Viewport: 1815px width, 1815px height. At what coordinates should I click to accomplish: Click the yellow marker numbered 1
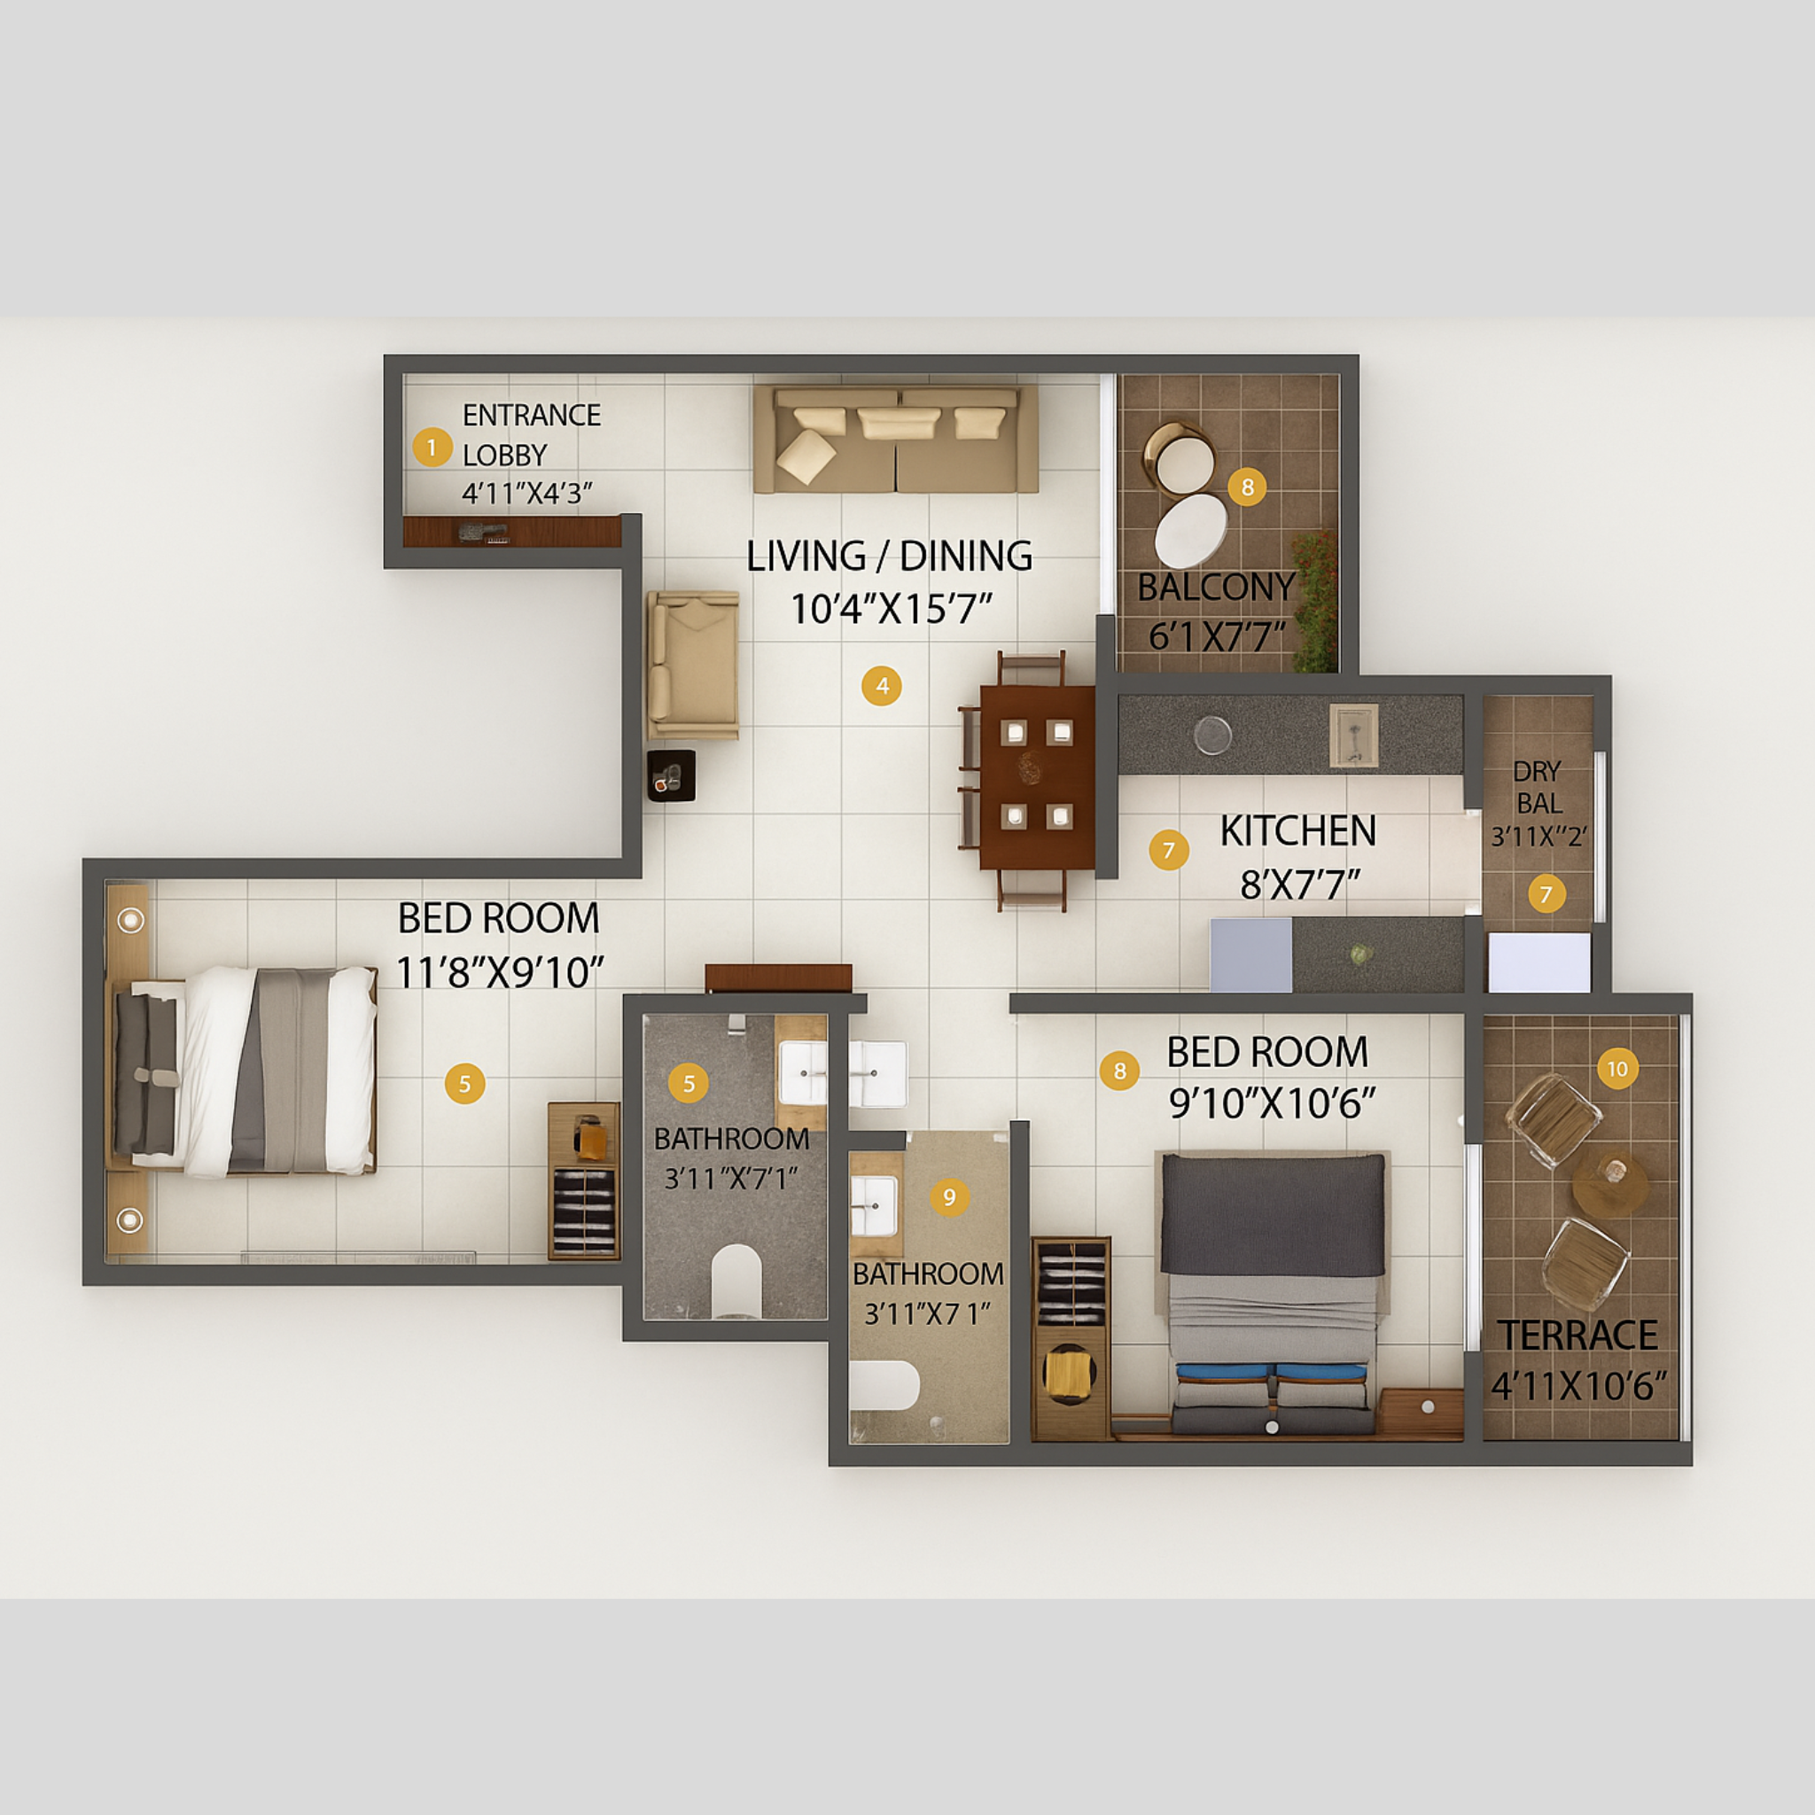point(432,448)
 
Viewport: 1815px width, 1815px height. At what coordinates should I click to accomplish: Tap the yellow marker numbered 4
point(881,686)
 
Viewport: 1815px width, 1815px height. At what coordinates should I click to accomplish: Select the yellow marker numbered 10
point(1616,1069)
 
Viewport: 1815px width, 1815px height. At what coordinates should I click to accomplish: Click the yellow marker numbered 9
point(949,1196)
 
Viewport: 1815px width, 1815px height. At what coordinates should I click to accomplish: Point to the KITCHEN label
point(1297,831)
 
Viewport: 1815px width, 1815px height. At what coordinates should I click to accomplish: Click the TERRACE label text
point(1577,1335)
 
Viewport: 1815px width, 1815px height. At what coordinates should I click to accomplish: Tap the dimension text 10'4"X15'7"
point(891,610)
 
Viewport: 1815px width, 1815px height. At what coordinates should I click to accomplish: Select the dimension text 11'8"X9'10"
point(499,972)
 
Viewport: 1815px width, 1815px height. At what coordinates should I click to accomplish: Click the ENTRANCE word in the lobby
point(531,416)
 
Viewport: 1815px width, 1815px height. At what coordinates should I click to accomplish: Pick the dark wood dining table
point(1036,778)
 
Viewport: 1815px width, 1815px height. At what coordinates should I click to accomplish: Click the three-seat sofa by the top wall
point(895,439)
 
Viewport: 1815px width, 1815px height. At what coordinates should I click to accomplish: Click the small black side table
point(671,775)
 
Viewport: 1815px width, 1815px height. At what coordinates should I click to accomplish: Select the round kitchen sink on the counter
point(1211,735)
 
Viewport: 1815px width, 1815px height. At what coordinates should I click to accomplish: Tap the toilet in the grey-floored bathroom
point(736,1281)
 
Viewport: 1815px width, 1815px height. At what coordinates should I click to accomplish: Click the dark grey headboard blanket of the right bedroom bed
point(1272,1214)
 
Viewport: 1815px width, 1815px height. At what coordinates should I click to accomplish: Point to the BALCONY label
point(1216,588)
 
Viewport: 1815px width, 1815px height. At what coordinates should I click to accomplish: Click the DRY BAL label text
point(1538,787)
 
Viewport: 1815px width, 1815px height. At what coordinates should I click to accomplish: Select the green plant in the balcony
point(1316,601)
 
